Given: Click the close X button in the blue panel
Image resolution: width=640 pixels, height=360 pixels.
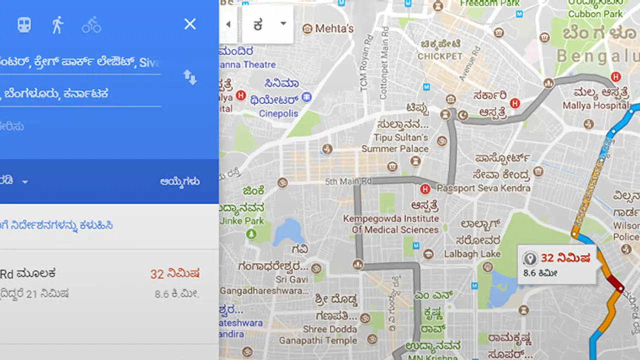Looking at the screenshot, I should (x=190, y=24).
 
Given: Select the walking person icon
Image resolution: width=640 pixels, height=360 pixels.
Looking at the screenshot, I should (x=57, y=24).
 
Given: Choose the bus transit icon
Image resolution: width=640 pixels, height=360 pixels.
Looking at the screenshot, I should (x=24, y=24).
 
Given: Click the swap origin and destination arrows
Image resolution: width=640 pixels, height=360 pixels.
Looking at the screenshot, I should (x=190, y=77).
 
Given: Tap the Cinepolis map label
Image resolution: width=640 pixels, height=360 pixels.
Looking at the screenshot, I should (x=278, y=113).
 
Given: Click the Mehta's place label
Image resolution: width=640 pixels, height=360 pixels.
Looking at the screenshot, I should (x=334, y=28).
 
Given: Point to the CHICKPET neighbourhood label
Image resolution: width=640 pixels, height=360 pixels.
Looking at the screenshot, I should (x=440, y=56).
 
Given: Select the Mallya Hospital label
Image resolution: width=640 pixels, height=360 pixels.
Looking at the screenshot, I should (x=595, y=105).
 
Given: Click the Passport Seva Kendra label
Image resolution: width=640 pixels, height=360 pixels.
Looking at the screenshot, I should (x=483, y=188).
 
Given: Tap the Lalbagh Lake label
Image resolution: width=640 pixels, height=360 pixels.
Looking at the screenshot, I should (x=472, y=254).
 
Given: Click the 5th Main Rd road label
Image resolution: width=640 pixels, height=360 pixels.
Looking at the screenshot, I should (x=348, y=181).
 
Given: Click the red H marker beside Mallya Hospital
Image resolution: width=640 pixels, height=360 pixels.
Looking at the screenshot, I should (x=616, y=77).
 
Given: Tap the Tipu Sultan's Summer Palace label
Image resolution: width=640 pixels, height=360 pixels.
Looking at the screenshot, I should (x=395, y=143).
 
